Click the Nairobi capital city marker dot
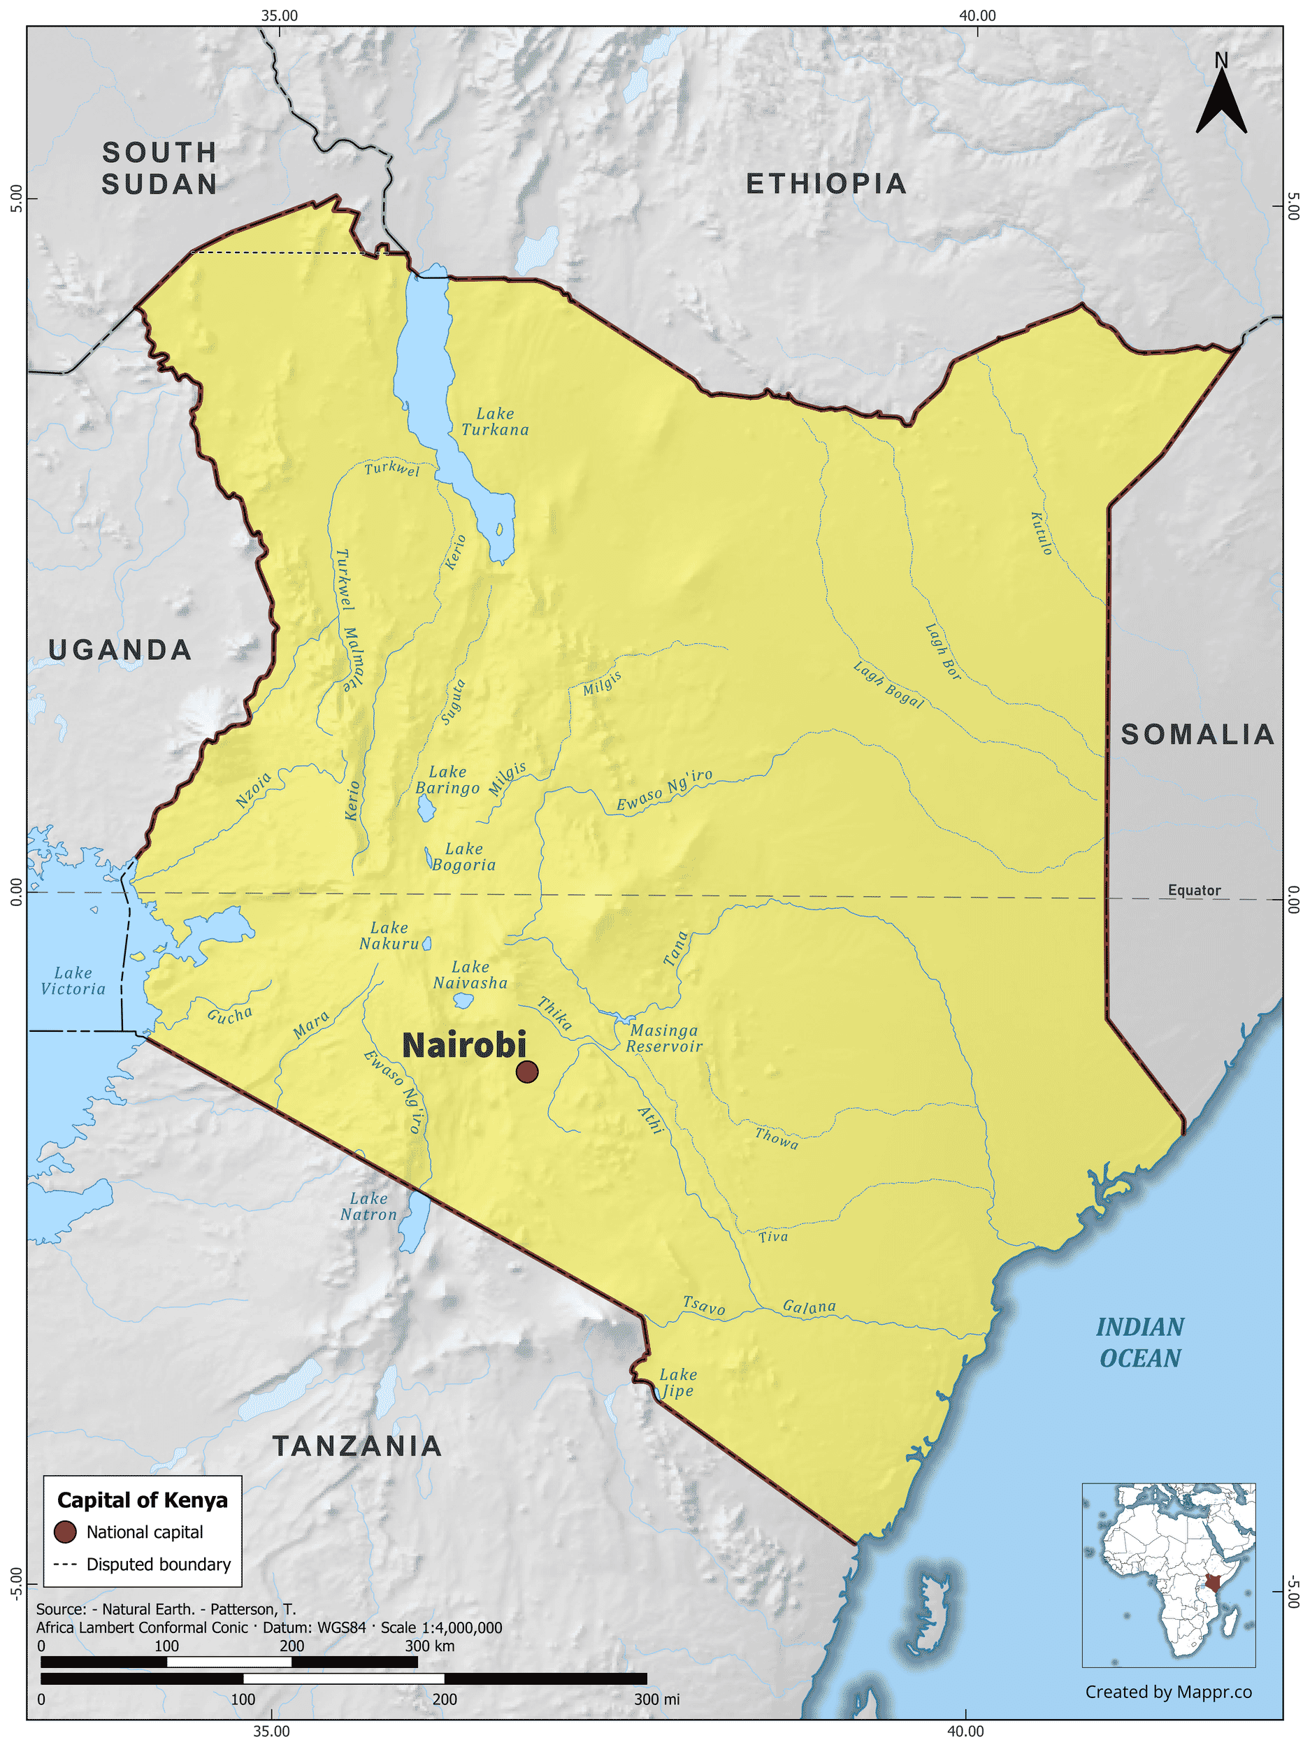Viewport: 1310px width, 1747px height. click(x=526, y=1072)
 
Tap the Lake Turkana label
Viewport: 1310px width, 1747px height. click(x=495, y=422)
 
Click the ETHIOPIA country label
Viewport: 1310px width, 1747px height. click(x=826, y=184)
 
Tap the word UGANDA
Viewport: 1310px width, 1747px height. click(x=120, y=650)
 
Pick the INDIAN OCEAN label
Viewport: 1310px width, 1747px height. click(x=1139, y=1343)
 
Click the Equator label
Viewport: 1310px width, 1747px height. click(x=1194, y=890)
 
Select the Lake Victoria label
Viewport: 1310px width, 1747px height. click(x=73, y=981)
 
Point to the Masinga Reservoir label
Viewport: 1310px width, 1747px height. click(x=664, y=1039)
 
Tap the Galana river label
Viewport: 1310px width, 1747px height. click(x=809, y=1307)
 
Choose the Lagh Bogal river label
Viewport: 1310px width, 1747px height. click(x=888, y=684)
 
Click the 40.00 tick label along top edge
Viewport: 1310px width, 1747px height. click(x=977, y=15)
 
